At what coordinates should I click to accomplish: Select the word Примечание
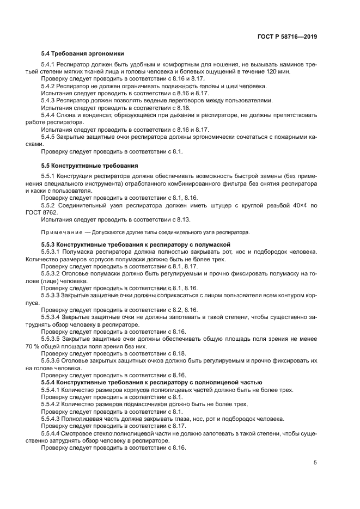coord(59,232)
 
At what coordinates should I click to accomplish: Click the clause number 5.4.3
coord(51,100)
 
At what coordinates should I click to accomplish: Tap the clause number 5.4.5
coord(51,137)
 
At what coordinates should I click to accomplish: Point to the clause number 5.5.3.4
coord(53,316)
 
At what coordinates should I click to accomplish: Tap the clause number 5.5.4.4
coord(53,433)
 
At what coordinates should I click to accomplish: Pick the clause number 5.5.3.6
coord(53,360)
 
